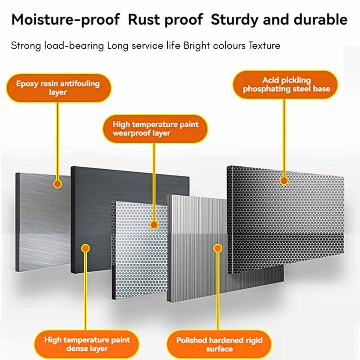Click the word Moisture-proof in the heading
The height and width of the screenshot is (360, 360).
66,20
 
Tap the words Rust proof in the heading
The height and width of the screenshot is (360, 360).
165,20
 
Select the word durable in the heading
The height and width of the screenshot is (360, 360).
320,19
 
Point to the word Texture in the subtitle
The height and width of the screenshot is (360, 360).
265,45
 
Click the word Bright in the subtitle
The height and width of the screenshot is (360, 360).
197,46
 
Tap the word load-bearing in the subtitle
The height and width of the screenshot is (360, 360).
74,46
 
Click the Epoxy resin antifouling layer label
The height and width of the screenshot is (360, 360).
58,88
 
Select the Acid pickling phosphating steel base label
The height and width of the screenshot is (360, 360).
286,85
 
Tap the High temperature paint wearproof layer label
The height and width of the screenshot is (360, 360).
155,129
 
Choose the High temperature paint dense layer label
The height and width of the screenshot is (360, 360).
87,344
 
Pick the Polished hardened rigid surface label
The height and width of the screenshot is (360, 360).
219,344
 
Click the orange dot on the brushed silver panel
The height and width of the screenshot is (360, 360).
58,184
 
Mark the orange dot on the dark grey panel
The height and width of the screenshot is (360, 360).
85,248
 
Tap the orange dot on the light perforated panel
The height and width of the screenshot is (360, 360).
154,225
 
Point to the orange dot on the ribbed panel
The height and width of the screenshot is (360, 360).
218,248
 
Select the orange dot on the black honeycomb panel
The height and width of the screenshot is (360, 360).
284,181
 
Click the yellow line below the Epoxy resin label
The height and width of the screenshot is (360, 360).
58,141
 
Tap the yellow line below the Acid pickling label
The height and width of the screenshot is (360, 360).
284,138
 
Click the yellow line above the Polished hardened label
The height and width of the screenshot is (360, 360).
218,292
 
